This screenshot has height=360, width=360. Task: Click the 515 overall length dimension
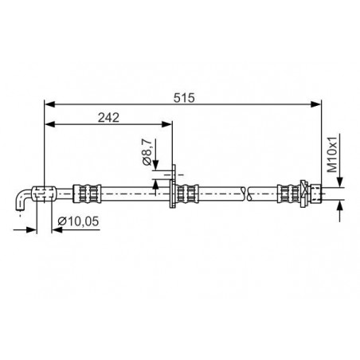coord(184,98)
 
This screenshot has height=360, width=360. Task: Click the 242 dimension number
coord(108,118)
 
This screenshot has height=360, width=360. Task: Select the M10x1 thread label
coord(331,155)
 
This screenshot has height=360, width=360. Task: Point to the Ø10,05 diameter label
coord(78,221)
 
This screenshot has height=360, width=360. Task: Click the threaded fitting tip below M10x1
coord(316,194)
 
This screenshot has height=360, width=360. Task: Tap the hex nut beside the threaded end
coord(305,194)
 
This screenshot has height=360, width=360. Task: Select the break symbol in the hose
coord(246,194)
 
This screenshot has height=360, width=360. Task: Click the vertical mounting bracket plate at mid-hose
coord(173,186)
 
